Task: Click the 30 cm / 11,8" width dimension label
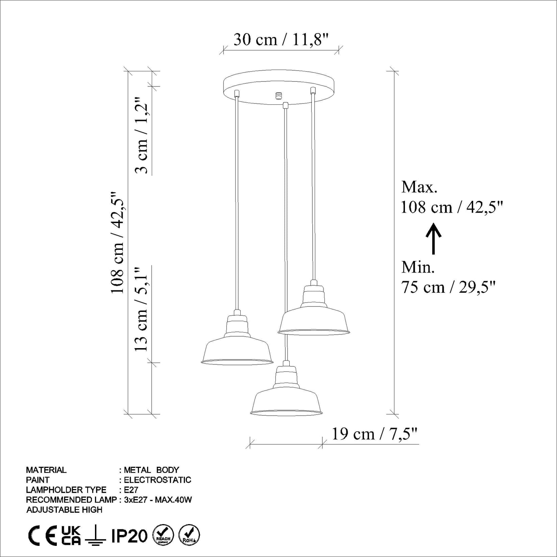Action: point(281,40)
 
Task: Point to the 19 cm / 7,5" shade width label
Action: point(374,434)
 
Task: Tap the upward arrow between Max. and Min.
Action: point(433,239)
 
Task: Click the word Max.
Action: point(419,187)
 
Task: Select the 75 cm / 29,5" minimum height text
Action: point(448,287)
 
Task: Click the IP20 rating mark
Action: point(129,536)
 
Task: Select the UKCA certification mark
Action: point(71,536)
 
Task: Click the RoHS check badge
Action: point(189,535)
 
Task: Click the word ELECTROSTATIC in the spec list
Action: point(158,480)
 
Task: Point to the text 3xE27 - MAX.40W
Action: point(158,500)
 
